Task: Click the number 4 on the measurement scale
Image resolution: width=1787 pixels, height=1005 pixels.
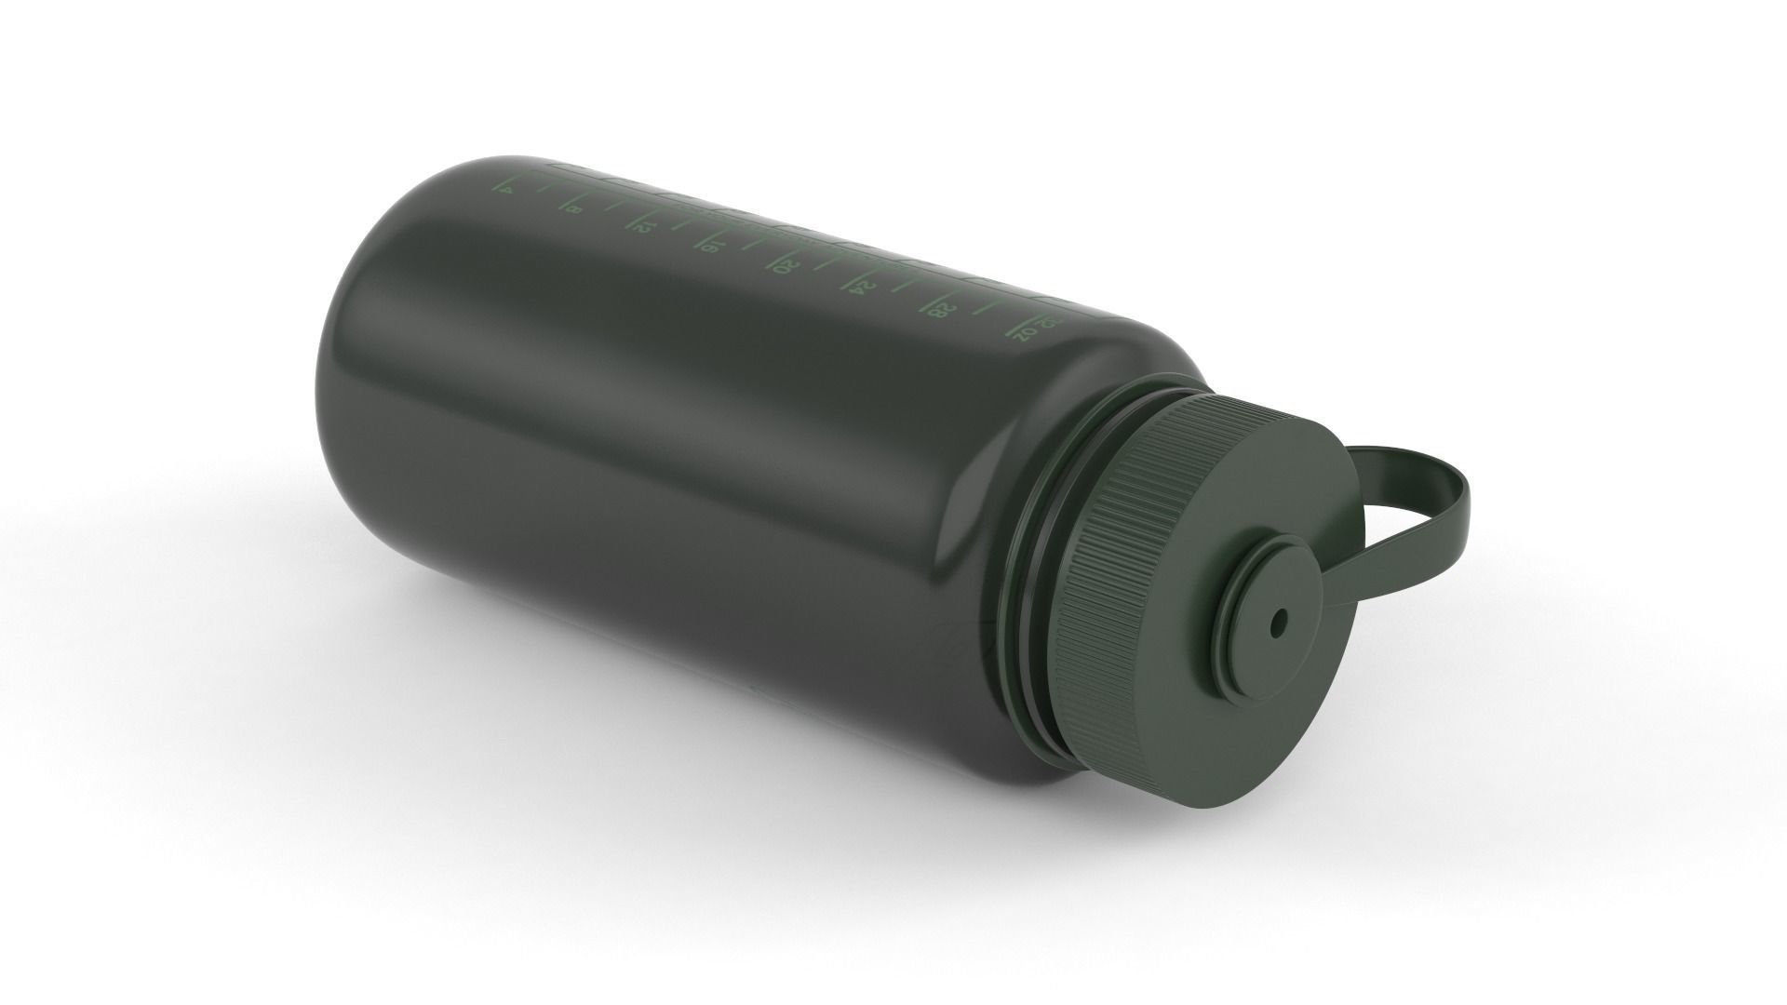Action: pos(507,191)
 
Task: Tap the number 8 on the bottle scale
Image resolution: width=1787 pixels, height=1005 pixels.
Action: pos(576,209)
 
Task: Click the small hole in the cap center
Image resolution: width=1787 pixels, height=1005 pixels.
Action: pos(1278,621)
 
